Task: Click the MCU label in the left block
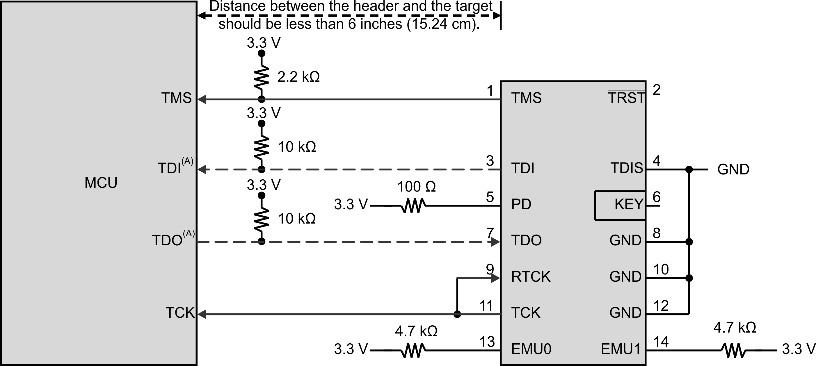101,183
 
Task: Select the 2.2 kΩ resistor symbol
261,77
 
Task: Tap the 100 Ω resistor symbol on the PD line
413,206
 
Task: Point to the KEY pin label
629,204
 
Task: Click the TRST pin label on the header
626,98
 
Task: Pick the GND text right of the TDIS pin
733,169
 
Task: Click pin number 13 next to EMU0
487,342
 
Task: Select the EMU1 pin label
621,349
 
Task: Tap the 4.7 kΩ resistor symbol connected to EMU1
734,351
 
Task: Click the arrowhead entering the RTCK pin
495,278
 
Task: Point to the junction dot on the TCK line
457,314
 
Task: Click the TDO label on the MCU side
167,240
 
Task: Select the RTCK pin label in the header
531,277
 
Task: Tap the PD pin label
521,204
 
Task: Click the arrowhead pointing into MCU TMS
202,99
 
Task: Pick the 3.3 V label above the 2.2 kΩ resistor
264,43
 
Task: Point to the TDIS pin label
627,168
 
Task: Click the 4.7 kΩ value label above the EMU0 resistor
416,331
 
